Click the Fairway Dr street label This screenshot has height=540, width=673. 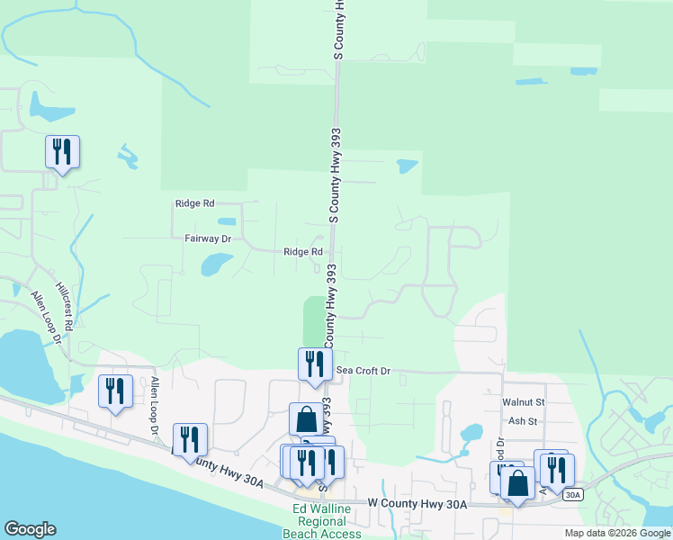[208, 238]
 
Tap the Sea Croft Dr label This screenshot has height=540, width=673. [363, 371]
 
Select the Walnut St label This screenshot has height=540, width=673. [524, 402]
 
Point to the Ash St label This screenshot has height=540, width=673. [522, 420]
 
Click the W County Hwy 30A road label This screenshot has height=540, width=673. [417, 505]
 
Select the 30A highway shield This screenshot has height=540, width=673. [572, 495]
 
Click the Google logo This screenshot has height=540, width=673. [30, 529]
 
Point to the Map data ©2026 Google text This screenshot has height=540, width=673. [617, 533]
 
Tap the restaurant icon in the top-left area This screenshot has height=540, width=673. [62, 151]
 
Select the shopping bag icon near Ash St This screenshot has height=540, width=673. [517, 482]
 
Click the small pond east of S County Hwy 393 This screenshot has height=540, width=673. [407, 166]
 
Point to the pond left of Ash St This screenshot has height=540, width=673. [471, 433]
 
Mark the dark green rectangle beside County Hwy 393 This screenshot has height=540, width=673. [313, 319]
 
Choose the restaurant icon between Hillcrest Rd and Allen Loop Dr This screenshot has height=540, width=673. [115, 391]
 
